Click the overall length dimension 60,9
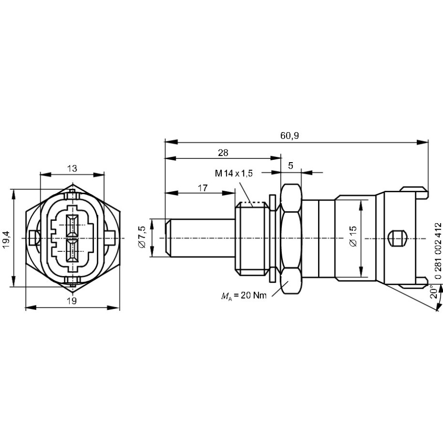pyautogui.click(x=289, y=136)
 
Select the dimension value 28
pyautogui.click(x=223, y=153)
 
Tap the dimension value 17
pyautogui.click(x=202, y=188)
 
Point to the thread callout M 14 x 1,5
pyautogui.click(x=235, y=174)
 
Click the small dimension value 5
pyautogui.click(x=290, y=166)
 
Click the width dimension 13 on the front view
pyautogui.click(x=72, y=169)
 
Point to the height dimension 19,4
pyautogui.click(x=6, y=239)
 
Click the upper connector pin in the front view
pyautogui.click(x=72, y=225)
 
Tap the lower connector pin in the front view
pyautogui.click(x=72, y=252)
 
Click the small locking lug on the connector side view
pyautogui.click(x=396, y=238)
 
